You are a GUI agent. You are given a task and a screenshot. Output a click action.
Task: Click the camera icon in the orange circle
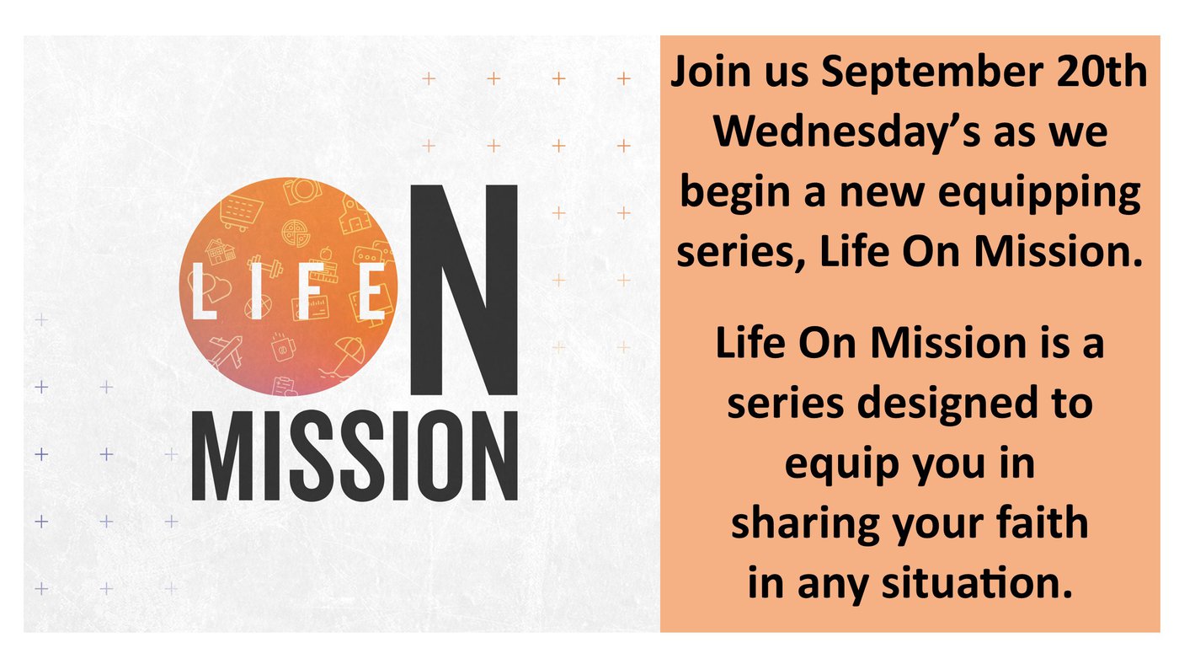[301, 190]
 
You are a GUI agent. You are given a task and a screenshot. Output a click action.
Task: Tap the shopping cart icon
[241, 213]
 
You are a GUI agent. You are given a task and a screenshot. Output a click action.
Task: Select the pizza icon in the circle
[296, 233]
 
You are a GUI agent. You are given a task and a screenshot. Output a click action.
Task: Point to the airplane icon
[226, 351]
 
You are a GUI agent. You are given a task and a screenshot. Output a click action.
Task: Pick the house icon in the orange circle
[220, 251]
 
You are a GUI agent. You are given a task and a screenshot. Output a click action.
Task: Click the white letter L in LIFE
[204, 292]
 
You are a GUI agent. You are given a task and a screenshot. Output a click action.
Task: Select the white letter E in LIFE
[371, 292]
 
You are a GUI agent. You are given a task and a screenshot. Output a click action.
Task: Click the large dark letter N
[464, 289]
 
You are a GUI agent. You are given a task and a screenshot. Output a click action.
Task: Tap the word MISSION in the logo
[355, 456]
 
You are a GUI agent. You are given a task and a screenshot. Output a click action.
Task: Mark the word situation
[977, 582]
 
